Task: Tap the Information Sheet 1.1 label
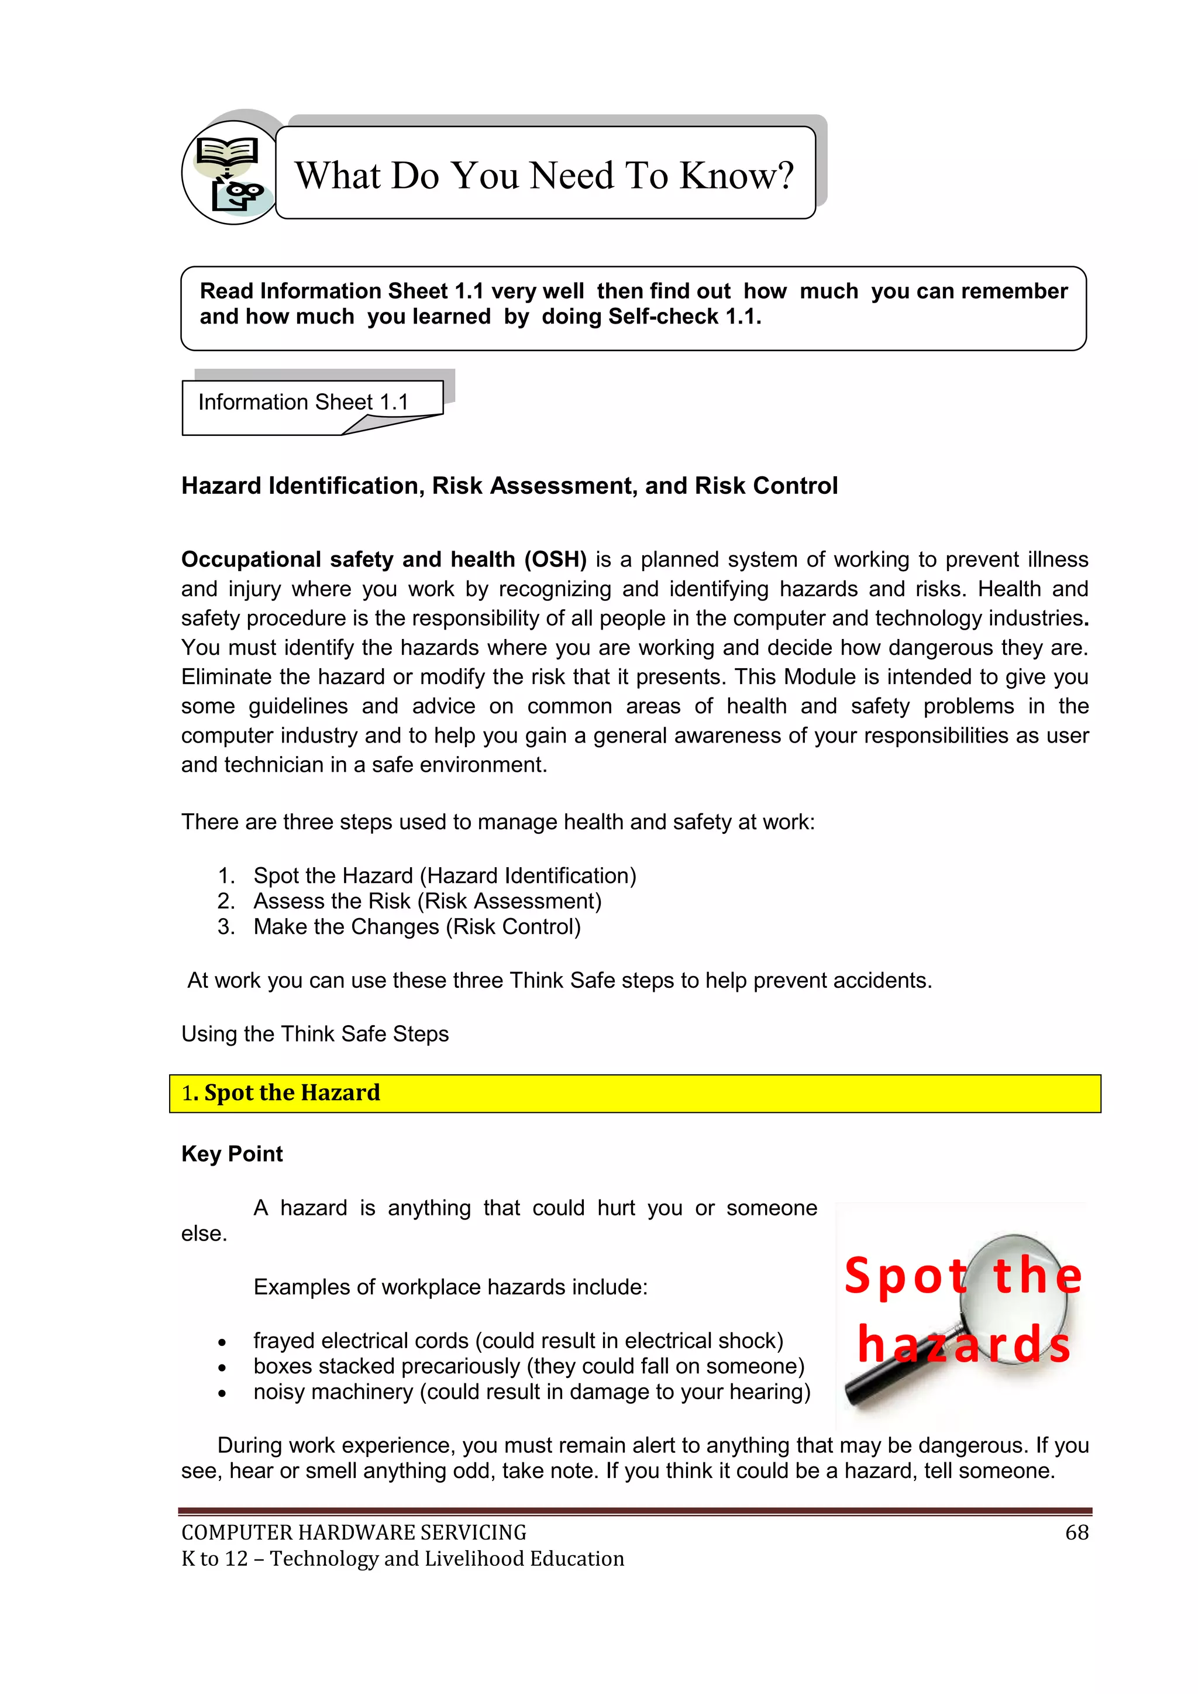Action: click(x=303, y=402)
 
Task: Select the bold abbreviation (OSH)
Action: click(x=555, y=559)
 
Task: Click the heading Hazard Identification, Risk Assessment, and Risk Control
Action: click(x=509, y=486)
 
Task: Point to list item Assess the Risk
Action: click(x=427, y=901)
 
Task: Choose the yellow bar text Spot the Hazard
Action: click(x=291, y=1092)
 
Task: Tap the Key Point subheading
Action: click(x=232, y=1153)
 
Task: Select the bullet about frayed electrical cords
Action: click(x=518, y=1340)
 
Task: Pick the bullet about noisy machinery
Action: click(x=531, y=1391)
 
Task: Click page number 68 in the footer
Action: click(x=1076, y=1532)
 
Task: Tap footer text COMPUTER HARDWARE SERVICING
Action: click(x=353, y=1532)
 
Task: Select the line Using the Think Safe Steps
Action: click(x=315, y=1034)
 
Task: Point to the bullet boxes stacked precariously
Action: click(x=528, y=1366)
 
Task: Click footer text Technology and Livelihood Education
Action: click(x=446, y=1558)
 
